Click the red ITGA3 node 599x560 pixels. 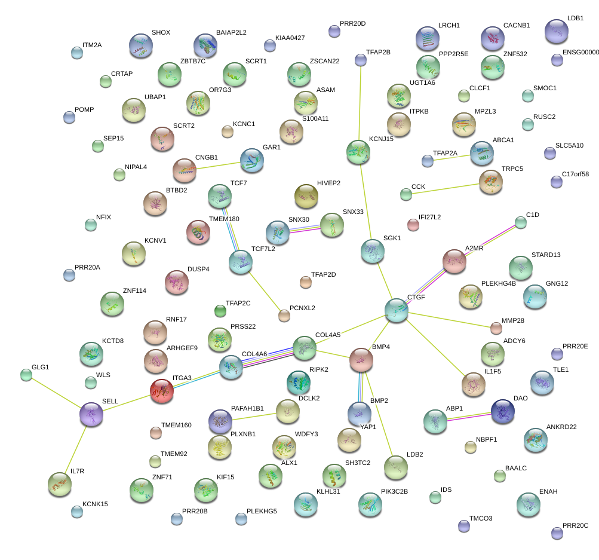[161, 391]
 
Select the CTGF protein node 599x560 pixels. [396, 310]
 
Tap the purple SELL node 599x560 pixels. [91, 414]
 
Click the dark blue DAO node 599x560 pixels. [502, 410]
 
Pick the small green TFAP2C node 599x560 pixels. [220, 310]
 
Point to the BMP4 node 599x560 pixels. [361, 359]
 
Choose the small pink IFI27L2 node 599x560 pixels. [413, 225]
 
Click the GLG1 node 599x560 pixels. [26, 375]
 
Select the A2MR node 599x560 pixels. [454, 261]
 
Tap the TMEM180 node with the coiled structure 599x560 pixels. [198, 232]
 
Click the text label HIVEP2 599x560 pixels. [328, 183]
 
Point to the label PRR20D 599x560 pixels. [352, 24]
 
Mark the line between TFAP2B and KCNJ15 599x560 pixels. [360, 102]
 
